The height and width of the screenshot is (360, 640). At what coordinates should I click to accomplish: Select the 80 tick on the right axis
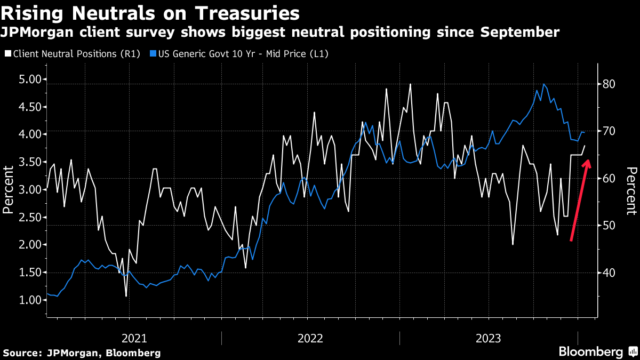tap(610, 84)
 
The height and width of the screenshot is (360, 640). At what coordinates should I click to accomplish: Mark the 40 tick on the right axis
tap(610, 273)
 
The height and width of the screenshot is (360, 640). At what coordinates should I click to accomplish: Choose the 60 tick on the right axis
tap(610, 178)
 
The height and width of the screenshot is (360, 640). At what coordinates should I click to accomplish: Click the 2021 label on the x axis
tap(134, 338)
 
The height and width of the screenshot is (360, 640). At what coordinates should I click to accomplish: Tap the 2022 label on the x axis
tap(310, 338)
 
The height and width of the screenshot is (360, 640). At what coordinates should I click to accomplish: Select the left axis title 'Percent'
tap(9, 189)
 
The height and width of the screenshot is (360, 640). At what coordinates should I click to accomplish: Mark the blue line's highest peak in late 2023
tap(543, 84)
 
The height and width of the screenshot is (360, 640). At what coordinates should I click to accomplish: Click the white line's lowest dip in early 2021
tap(126, 296)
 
